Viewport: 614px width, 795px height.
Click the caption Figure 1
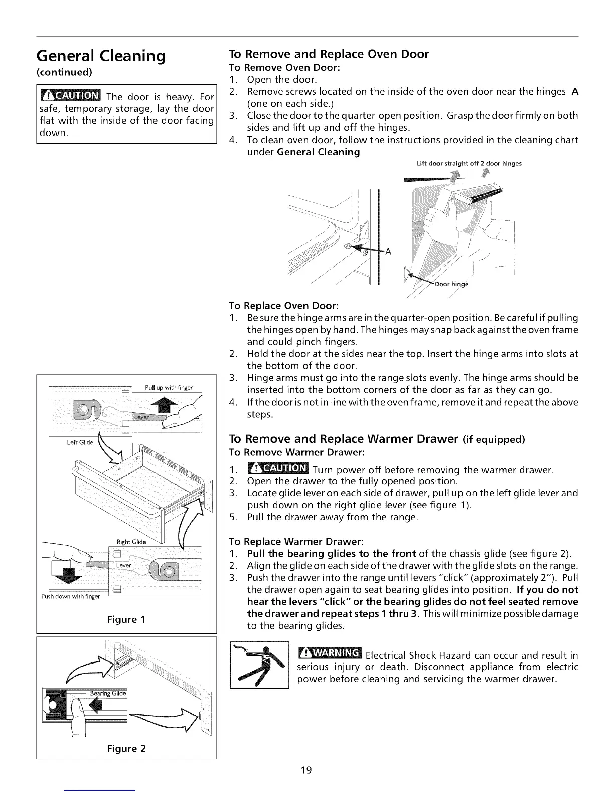click(126, 619)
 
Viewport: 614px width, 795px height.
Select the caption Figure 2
click(126, 749)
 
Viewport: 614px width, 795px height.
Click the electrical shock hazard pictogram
click(260, 666)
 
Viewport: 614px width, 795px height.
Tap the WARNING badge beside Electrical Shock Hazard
click(330, 653)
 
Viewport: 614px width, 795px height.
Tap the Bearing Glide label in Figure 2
click(108, 693)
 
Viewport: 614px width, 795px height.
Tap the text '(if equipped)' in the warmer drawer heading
click(494, 440)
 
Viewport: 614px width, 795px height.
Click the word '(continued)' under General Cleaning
click(63, 72)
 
